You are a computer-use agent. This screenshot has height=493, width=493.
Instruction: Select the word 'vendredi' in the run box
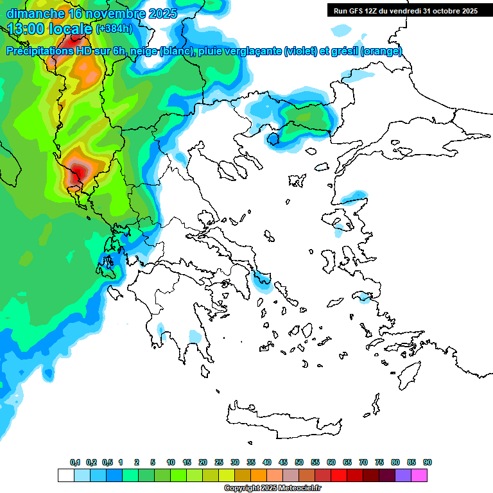point(404,11)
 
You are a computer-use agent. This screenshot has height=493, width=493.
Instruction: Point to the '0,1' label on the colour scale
point(74,462)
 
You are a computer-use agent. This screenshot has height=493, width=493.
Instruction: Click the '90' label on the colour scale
point(427,462)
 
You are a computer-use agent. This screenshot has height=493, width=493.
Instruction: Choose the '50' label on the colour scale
point(299,462)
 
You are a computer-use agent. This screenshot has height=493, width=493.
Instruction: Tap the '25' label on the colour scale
point(219,462)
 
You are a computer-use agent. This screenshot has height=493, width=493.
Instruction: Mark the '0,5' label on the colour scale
point(107,462)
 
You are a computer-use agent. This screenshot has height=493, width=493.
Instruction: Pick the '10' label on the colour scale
point(171,462)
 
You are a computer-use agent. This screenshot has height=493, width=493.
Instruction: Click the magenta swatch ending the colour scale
point(419,475)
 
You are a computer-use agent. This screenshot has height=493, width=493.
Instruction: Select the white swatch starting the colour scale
point(66,475)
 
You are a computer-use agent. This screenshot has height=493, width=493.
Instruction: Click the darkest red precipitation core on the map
point(78,171)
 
